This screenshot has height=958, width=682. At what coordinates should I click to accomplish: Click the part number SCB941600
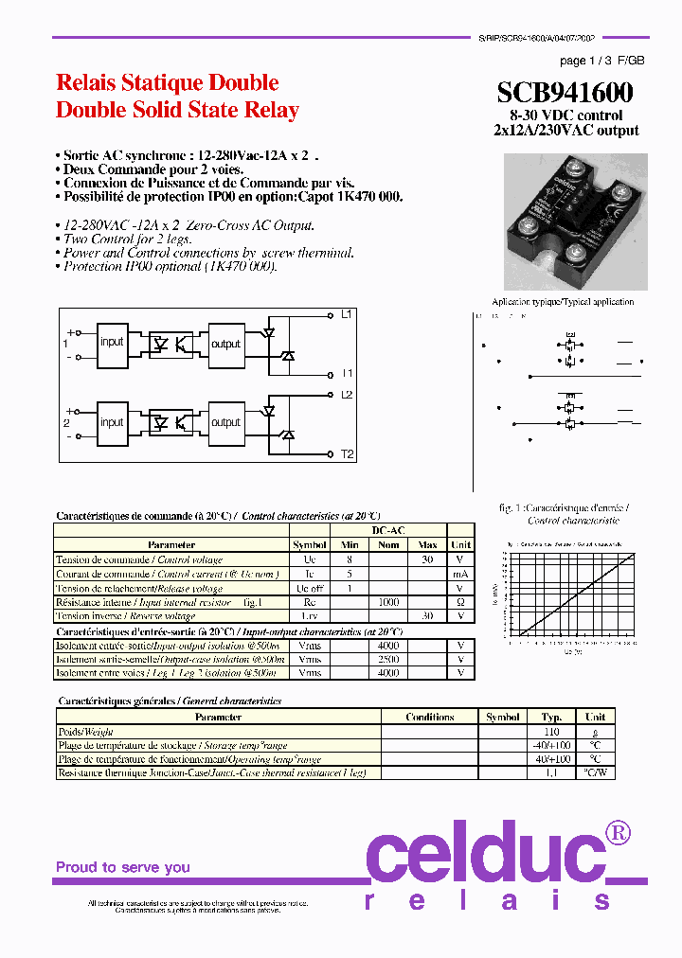coord(565,92)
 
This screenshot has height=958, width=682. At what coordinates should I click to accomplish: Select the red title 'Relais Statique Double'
coord(168,82)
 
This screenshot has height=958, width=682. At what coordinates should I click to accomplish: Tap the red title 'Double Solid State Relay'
coord(177,110)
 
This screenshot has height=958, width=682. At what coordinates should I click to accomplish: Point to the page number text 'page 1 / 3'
coord(586,61)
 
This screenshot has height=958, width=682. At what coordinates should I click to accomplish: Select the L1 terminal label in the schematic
coord(347,313)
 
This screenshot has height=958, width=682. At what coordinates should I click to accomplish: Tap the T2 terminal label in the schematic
coord(347,454)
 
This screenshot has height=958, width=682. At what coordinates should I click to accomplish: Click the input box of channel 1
coord(112,343)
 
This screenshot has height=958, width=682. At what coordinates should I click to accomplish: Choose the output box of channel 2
coord(225,422)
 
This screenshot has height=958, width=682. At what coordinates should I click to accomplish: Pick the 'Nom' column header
coord(388,544)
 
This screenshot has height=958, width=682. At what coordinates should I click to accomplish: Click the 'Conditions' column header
coord(430,717)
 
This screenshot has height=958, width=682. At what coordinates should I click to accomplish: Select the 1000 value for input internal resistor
coord(388,601)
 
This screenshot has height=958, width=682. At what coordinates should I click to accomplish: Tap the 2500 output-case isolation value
coord(388,659)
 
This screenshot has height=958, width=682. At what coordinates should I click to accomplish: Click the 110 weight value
coord(551,731)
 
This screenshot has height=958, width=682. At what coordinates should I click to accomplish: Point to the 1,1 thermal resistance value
coord(551,772)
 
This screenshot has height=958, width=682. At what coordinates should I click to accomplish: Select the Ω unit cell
coord(461,601)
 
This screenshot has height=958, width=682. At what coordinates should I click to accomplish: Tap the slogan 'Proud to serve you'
coord(122,867)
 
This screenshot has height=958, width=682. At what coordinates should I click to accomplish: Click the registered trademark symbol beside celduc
coord(618,833)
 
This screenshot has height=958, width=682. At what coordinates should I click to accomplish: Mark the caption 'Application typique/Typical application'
coord(565,302)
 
